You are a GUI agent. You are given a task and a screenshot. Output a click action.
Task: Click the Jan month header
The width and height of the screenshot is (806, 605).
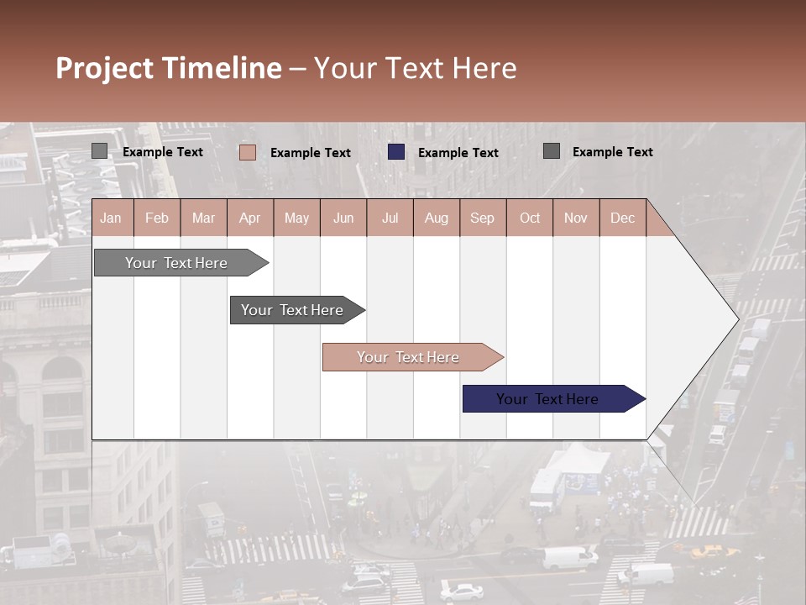pyautogui.click(x=111, y=218)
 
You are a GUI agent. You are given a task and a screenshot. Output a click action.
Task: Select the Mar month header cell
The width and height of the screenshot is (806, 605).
pyautogui.click(x=203, y=218)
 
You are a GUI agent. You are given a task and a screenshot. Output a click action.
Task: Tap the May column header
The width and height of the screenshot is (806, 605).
pyautogui.click(x=296, y=218)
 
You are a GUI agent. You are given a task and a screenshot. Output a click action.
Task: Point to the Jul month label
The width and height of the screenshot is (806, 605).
pyautogui.click(x=390, y=218)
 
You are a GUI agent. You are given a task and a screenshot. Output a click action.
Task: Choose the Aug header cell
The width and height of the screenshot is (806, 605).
pyautogui.click(x=436, y=218)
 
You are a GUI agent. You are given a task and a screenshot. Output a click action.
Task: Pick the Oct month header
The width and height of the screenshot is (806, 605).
pyautogui.click(x=530, y=218)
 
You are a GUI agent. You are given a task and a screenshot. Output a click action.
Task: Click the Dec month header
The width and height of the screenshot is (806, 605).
pyautogui.click(x=622, y=218)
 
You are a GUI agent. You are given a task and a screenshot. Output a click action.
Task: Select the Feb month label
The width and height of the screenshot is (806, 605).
pyautogui.click(x=157, y=218)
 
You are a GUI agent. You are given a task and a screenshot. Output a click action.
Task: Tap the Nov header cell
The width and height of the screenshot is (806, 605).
pyautogui.click(x=575, y=218)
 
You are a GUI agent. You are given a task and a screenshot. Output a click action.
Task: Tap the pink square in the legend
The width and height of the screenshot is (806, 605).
pyautogui.click(x=247, y=152)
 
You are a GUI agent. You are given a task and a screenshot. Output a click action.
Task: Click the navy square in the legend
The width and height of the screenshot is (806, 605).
pyautogui.click(x=396, y=152)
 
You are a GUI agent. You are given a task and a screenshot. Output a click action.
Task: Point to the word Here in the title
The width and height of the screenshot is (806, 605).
pyautogui.click(x=484, y=69)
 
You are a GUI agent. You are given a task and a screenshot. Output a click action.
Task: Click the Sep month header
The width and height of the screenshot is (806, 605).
pyautogui.click(x=482, y=218)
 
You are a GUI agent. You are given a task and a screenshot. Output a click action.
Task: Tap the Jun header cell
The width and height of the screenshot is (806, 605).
pyautogui.click(x=343, y=218)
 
